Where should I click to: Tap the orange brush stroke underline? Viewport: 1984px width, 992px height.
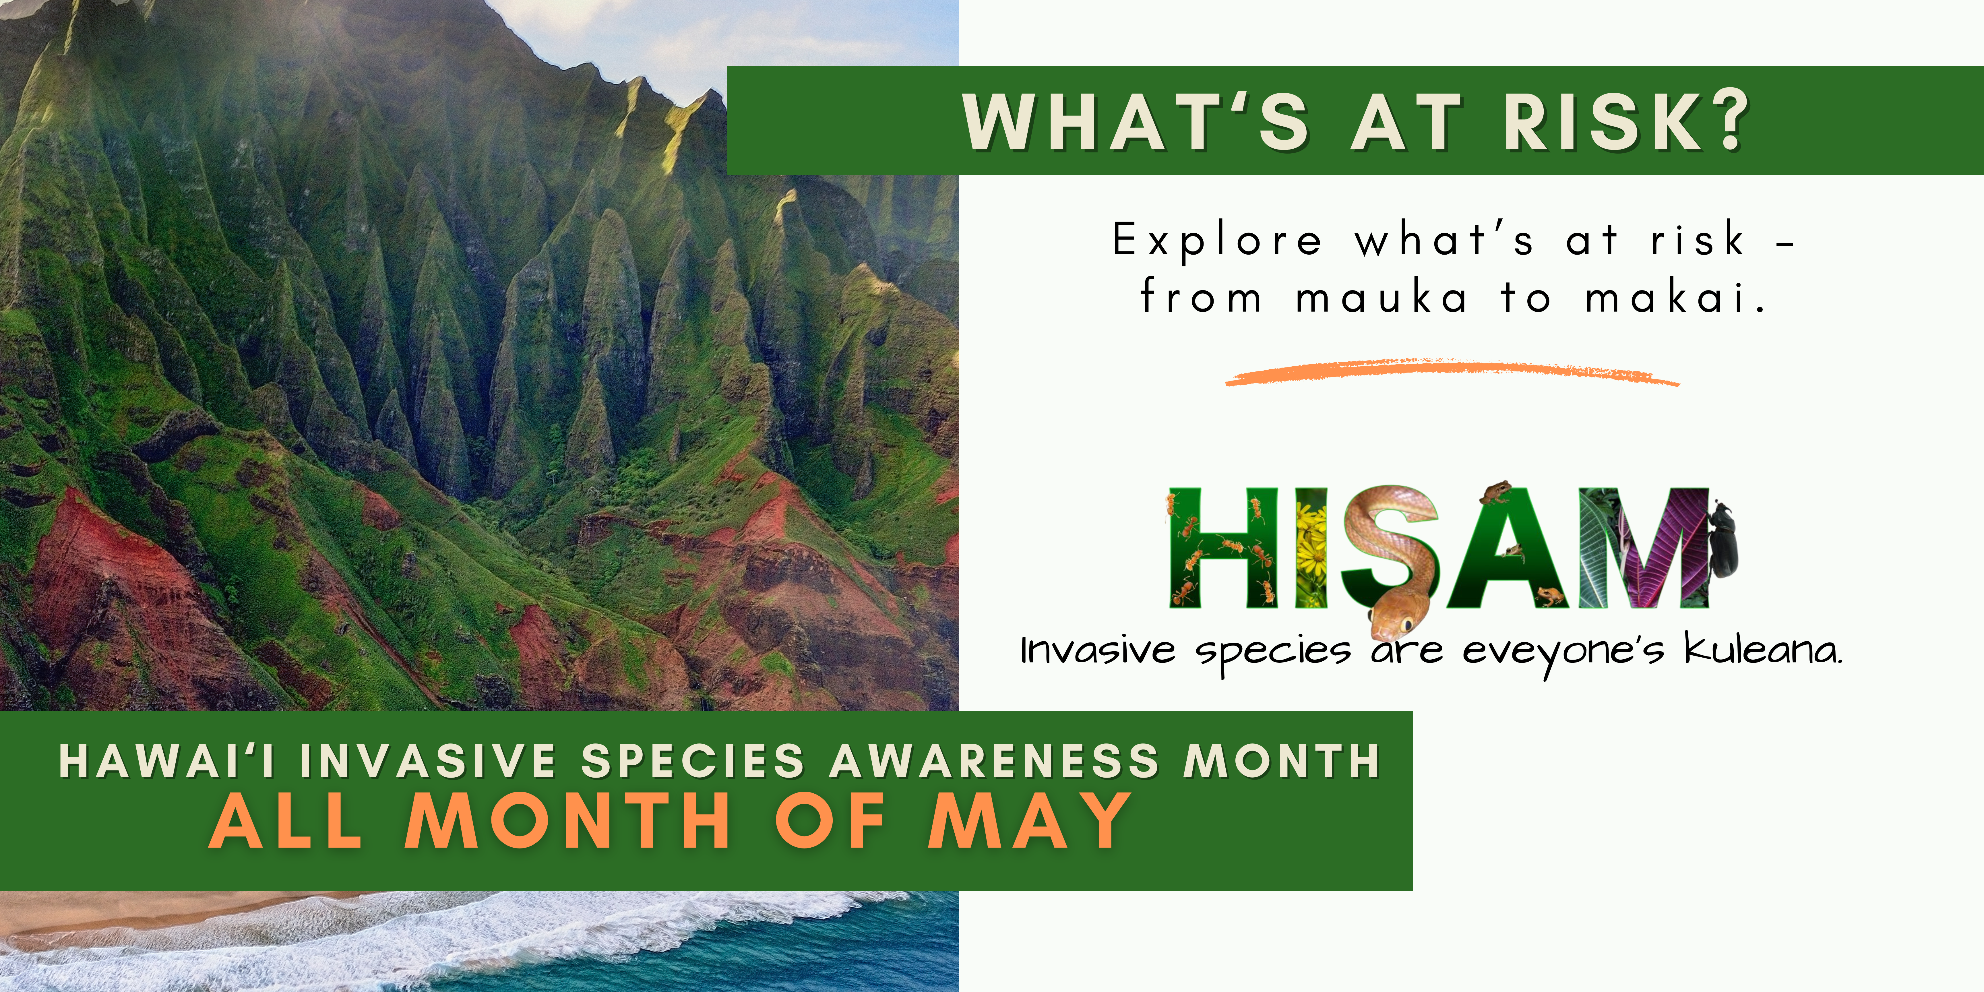point(1452,373)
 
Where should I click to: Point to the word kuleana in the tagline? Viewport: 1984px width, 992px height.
point(1764,651)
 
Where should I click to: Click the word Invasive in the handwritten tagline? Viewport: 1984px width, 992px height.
point(1098,651)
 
